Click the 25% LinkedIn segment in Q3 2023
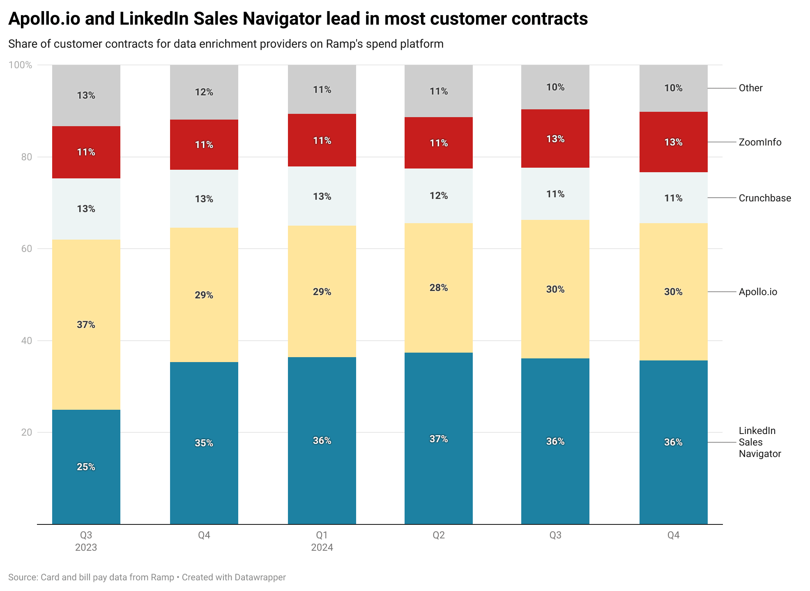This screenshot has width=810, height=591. tap(86, 467)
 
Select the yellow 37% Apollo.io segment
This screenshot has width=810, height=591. tap(86, 325)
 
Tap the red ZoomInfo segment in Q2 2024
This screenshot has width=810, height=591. tap(438, 143)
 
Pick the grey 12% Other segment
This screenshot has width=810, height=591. tap(204, 92)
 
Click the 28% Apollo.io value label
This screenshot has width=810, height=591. tap(438, 288)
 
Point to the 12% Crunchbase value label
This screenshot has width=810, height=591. tap(438, 196)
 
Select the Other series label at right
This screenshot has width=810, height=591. tap(750, 88)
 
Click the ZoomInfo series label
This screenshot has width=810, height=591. tap(760, 142)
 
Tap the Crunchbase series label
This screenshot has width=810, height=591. tap(764, 198)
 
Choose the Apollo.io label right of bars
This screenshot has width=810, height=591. tap(758, 292)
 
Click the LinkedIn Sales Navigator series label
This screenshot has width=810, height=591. tap(759, 442)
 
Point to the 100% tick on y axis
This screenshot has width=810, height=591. tap(20, 65)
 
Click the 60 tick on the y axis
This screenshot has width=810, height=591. tap(27, 249)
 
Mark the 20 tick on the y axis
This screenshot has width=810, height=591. tap(27, 432)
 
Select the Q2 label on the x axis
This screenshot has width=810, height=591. tap(438, 535)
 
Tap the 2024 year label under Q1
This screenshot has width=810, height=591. tap(322, 547)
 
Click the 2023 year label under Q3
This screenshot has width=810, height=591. tap(86, 547)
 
